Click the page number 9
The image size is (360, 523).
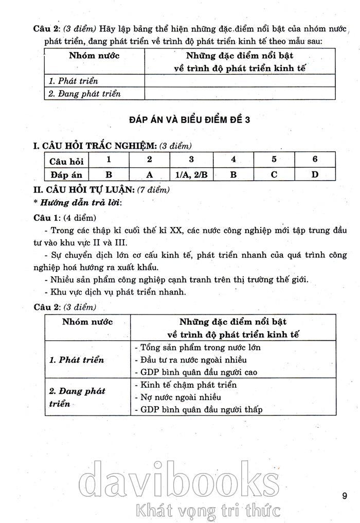pyautogui.click(x=344, y=496)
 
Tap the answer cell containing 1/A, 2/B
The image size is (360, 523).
pyautogui.click(x=191, y=174)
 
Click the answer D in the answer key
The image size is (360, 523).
pyautogui.click(x=315, y=174)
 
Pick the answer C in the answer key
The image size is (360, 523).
pyautogui.click(x=274, y=174)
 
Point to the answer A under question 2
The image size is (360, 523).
pyautogui.click(x=150, y=174)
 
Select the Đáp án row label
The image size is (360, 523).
pyautogui.click(x=65, y=174)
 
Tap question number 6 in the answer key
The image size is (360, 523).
pyautogui.click(x=315, y=160)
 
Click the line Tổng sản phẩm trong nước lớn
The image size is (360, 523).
pyautogui.click(x=197, y=347)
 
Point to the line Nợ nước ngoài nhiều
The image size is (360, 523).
pyautogui.click(x=177, y=397)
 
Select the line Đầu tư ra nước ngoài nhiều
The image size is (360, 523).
pyautogui.click(x=190, y=359)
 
